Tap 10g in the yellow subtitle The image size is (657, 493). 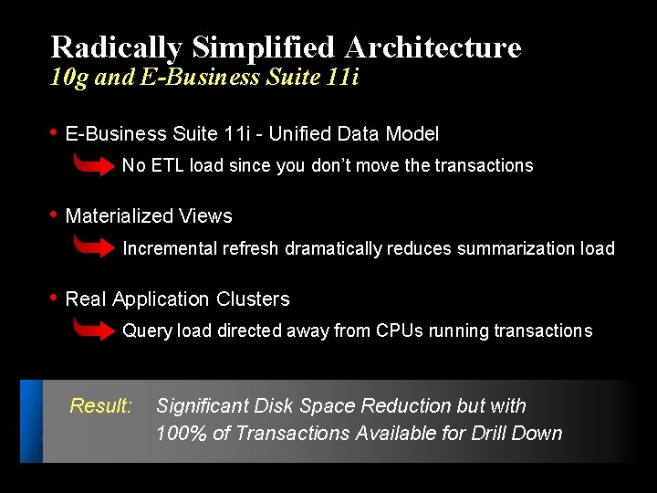point(69,77)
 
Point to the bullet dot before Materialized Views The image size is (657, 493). point(54,215)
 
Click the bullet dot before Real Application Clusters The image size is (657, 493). point(54,299)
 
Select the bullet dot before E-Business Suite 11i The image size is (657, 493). point(54,133)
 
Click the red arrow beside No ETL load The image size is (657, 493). point(94,165)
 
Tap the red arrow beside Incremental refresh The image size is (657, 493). point(94,247)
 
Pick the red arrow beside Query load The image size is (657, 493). point(94,330)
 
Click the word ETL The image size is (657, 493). point(166,165)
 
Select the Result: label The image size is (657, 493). point(101,405)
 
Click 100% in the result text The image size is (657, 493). point(182,434)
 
